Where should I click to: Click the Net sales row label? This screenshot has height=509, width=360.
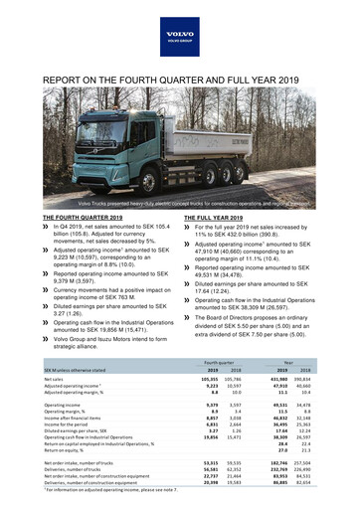56,380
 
